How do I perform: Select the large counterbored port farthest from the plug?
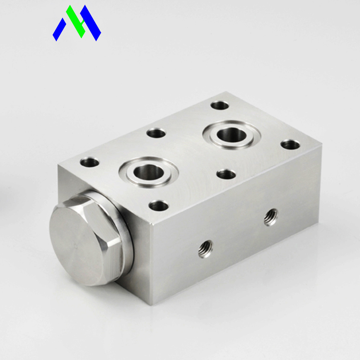[x=230, y=135]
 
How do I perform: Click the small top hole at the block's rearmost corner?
[x=220, y=105]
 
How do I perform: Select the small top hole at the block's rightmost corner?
[x=290, y=145]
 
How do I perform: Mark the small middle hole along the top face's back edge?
[x=156, y=133]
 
